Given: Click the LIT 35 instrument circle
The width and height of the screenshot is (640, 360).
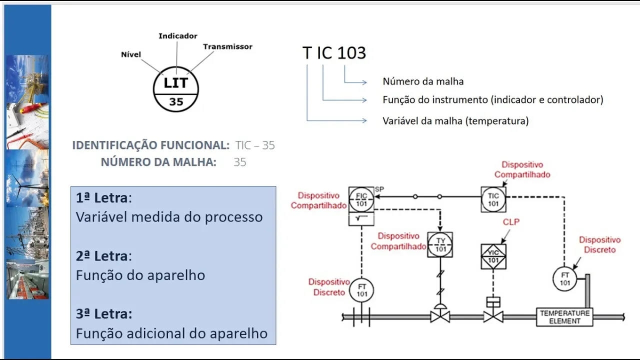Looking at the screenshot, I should tap(176, 89).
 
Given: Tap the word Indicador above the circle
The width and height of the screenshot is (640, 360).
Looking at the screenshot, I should tap(178, 36).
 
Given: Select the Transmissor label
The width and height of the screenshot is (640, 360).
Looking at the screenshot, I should tap(227, 46).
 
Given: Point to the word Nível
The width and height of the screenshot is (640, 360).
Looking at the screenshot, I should tap(131, 54).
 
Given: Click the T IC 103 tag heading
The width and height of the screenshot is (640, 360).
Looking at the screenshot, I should tap(334, 53).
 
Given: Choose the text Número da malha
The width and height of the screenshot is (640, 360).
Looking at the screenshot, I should tap(423, 81).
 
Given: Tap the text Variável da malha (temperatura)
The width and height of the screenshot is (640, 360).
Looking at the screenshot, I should tap(455, 121).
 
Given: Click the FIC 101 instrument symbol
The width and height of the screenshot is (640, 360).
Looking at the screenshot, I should tap(361, 199).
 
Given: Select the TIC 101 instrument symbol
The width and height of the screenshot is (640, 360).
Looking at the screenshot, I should tap(493, 199).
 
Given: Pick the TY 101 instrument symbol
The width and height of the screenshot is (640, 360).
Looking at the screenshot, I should tap(440, 244).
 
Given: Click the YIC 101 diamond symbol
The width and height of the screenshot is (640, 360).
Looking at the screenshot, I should tap(493, 256).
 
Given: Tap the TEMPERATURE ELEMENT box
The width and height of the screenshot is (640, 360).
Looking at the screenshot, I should tap(564, 317).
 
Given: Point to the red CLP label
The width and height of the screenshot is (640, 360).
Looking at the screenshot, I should tap(511, 222).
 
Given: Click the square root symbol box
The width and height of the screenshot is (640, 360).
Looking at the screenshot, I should tap(361, 218).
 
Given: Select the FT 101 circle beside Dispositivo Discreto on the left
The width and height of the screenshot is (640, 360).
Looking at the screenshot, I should tap(361, 290).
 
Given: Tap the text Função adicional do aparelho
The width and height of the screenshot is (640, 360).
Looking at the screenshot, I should tap(171, 333).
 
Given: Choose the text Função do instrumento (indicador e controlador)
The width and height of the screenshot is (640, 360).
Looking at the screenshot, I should tap(493, 100).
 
